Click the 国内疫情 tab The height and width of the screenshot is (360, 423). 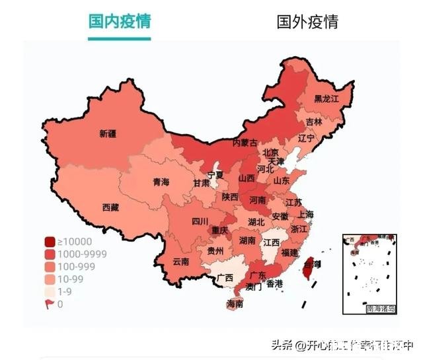tap(120, 21)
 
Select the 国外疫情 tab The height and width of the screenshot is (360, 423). tap(307, 21)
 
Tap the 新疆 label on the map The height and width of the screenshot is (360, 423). tap(108, 133)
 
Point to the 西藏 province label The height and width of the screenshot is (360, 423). tap(110, 207)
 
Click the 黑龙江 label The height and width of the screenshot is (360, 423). tap(326, 99)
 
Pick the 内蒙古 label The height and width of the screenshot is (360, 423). tap(245, 143)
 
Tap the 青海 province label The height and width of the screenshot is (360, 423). tap(161, 182)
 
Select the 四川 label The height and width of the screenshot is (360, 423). tap(200, 221)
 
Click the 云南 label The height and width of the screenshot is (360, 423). tap(180, 262)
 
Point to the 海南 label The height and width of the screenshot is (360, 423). tap(235, 304)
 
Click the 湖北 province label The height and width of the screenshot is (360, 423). tap(256, 221)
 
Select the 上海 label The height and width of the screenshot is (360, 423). tap(305, 214)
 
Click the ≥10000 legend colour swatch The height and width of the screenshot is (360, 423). tap(50, 242)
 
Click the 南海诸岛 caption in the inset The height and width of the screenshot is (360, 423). tap(381, 308)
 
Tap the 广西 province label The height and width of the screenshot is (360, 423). tap(225, 277)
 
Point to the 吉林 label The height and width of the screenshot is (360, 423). tap(314, 122)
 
